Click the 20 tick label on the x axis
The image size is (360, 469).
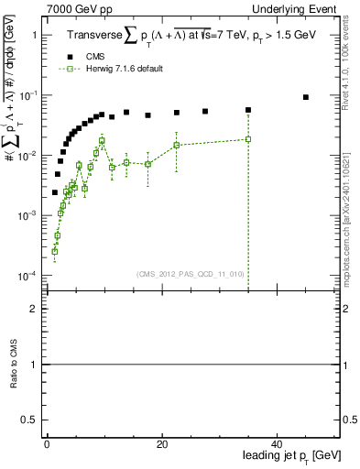pyautogui.click(x=161, y=443)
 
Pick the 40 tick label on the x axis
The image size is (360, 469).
pyautogui.click(x=277, y=443)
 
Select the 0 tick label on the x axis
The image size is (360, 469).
pyautogui.click(x=47, y=443)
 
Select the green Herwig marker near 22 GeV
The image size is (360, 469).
pyautogui.click(x=176, y=145)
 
